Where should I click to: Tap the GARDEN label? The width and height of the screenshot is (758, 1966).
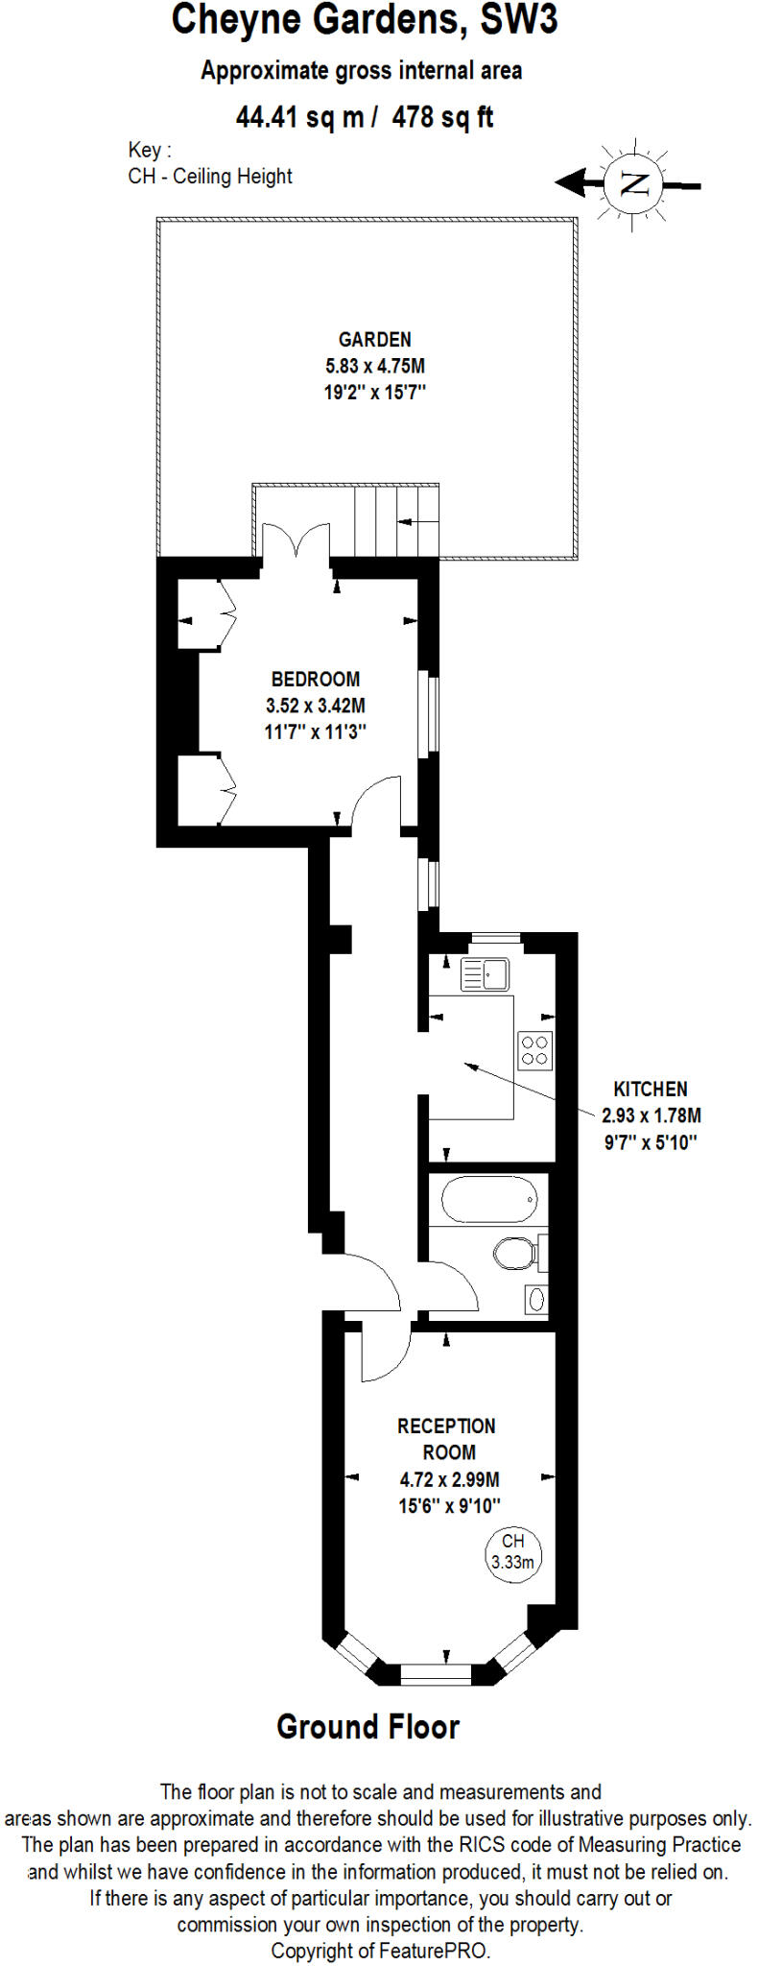point(374,339)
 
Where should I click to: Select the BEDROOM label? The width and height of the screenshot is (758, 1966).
point(316,679)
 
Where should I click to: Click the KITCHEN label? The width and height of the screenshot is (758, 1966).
point(651,1089)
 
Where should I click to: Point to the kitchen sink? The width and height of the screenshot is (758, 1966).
point(485,974)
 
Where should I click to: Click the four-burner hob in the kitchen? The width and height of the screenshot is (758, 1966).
point(534,1049)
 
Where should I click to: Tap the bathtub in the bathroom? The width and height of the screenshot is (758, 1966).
point(489,1200)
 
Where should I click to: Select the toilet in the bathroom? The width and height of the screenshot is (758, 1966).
point(516,1252)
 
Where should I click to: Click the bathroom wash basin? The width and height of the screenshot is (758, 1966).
point(536,1300)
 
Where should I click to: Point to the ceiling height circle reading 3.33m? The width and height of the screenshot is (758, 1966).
point(512,1552)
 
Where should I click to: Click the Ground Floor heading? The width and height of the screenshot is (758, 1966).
point(368,1727)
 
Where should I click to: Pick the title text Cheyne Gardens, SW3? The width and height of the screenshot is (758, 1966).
point(365,21)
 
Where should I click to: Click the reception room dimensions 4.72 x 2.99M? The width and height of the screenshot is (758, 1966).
point(449,1479)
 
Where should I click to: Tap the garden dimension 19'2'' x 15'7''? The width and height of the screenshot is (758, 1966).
point(374,392)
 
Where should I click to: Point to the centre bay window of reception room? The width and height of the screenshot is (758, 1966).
point(436,1672)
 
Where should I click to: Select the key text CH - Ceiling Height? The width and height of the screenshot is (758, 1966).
point(210,176)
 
